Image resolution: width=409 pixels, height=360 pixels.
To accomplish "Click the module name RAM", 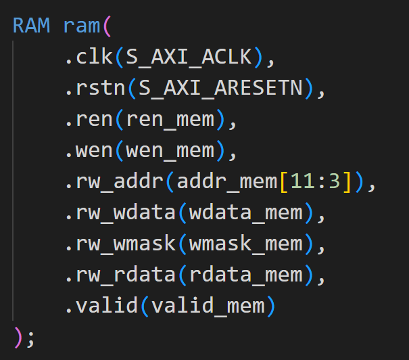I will pyautogui.click(x=31, y=26).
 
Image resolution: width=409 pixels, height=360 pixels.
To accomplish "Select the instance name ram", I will pyautogui.click(x=82, y=26).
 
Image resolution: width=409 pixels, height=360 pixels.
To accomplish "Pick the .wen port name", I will pyautogui.click(x=89, y=151).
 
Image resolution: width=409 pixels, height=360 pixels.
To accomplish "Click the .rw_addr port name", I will pyautogui.click(x=114, y=182).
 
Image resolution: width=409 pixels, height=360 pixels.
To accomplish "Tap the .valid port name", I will pyautogui.click(x=102, y=307).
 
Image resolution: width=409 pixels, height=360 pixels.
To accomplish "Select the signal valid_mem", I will pyautogui.click(x=208, y=307).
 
